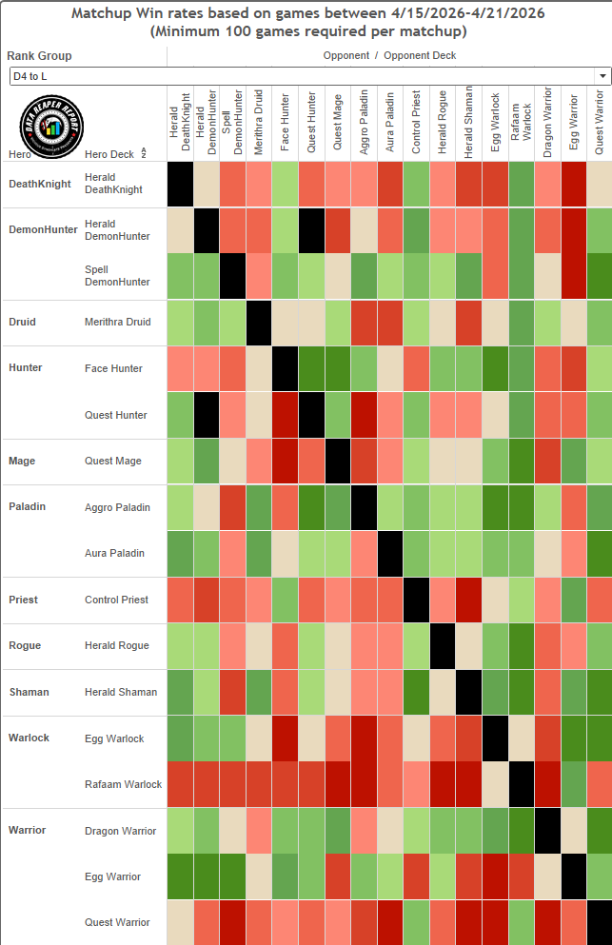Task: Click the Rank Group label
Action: (39, 56)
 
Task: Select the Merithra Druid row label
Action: (118, 322)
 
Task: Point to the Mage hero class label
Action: (22, 461)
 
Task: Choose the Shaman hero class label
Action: (29, 692)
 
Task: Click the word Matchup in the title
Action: (100, 13)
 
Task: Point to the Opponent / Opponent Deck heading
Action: (389, 55)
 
